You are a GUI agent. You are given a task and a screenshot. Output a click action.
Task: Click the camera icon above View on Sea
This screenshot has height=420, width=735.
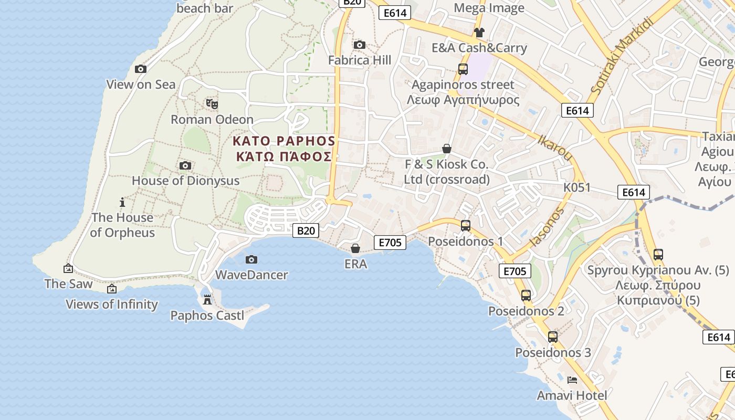click(x=141, y=69)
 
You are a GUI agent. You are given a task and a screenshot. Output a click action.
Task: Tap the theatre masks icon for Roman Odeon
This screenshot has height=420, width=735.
click(x=212, y=103)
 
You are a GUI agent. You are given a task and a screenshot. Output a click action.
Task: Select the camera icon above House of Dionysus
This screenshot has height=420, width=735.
click(x=185, y=166)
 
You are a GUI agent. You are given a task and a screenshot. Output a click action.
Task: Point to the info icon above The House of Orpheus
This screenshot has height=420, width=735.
click(x=122, y=202)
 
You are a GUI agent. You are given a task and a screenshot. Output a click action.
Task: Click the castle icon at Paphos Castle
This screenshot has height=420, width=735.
click(x=207, y=300)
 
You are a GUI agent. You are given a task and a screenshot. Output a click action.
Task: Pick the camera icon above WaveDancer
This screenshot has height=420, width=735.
click(x=251, y=259)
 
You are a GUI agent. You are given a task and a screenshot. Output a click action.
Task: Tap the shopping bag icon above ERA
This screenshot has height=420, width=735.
click(x=355, y=248)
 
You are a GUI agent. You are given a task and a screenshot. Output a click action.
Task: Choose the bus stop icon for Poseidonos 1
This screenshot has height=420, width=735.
click(x=466, y=226)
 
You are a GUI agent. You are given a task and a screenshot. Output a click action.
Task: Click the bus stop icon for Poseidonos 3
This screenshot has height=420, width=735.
click(x=553, y=337)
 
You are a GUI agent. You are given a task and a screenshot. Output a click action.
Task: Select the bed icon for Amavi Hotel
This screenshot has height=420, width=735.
click(x=572, y=380)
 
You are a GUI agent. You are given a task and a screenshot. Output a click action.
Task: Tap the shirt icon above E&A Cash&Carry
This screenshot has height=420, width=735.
click(x=479, y=33)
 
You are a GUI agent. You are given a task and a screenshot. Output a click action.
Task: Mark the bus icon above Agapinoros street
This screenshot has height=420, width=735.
click(x=463, y=69)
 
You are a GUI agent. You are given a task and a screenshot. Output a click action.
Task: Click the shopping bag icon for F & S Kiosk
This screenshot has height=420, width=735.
click(x=447, y=149)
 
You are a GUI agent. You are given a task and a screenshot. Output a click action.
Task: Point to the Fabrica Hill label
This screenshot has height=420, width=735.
click(x=360, y=60)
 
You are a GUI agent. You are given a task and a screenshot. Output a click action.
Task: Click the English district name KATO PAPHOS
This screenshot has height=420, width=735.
click(x=284, y=141)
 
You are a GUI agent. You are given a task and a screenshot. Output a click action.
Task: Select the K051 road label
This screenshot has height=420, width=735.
click(x=577, y=187)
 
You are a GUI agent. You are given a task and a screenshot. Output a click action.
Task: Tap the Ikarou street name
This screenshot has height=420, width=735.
click(x=555, y=147)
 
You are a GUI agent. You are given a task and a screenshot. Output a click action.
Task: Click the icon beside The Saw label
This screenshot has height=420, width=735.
click(x=68, y=269)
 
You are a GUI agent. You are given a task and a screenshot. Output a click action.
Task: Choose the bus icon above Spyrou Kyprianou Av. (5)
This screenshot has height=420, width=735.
click(x=658, y=255)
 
